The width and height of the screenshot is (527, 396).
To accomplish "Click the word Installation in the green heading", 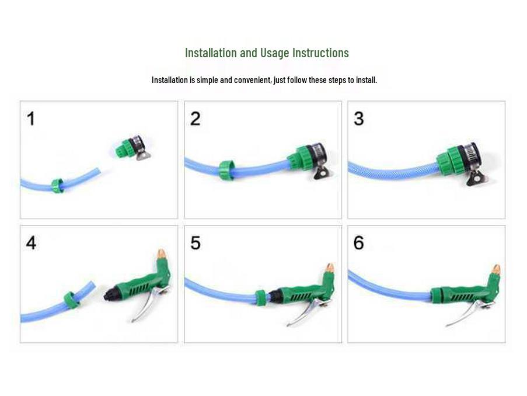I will coord(211,53).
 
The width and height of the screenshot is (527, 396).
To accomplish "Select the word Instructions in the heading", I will coord(320,53).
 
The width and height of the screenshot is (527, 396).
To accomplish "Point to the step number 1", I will coord(31,119).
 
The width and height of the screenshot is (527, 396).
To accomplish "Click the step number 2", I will coord(196,119).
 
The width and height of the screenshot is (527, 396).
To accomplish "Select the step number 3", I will coord(359,119).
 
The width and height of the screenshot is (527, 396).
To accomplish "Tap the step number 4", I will coord(31,242).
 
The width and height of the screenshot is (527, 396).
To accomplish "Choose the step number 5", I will coord(196,242).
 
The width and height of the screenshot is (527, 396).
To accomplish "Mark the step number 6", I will coord(359,242).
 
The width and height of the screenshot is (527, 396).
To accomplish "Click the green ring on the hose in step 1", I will coord(57,186).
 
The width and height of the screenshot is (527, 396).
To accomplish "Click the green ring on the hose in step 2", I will coord(226,169).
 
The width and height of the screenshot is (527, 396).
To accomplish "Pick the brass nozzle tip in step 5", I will coord(329,268).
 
